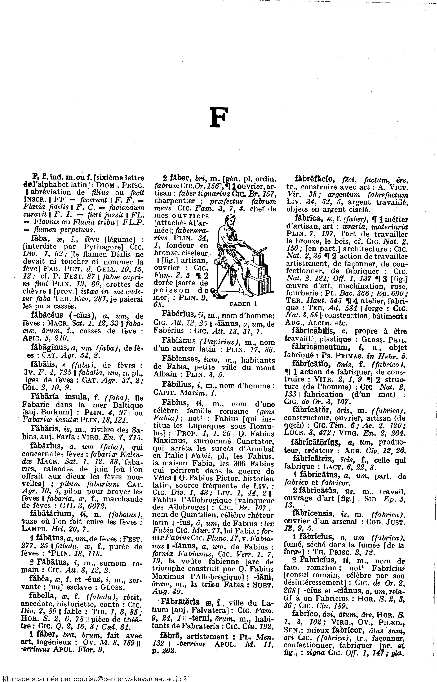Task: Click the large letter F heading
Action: click(218, 117)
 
